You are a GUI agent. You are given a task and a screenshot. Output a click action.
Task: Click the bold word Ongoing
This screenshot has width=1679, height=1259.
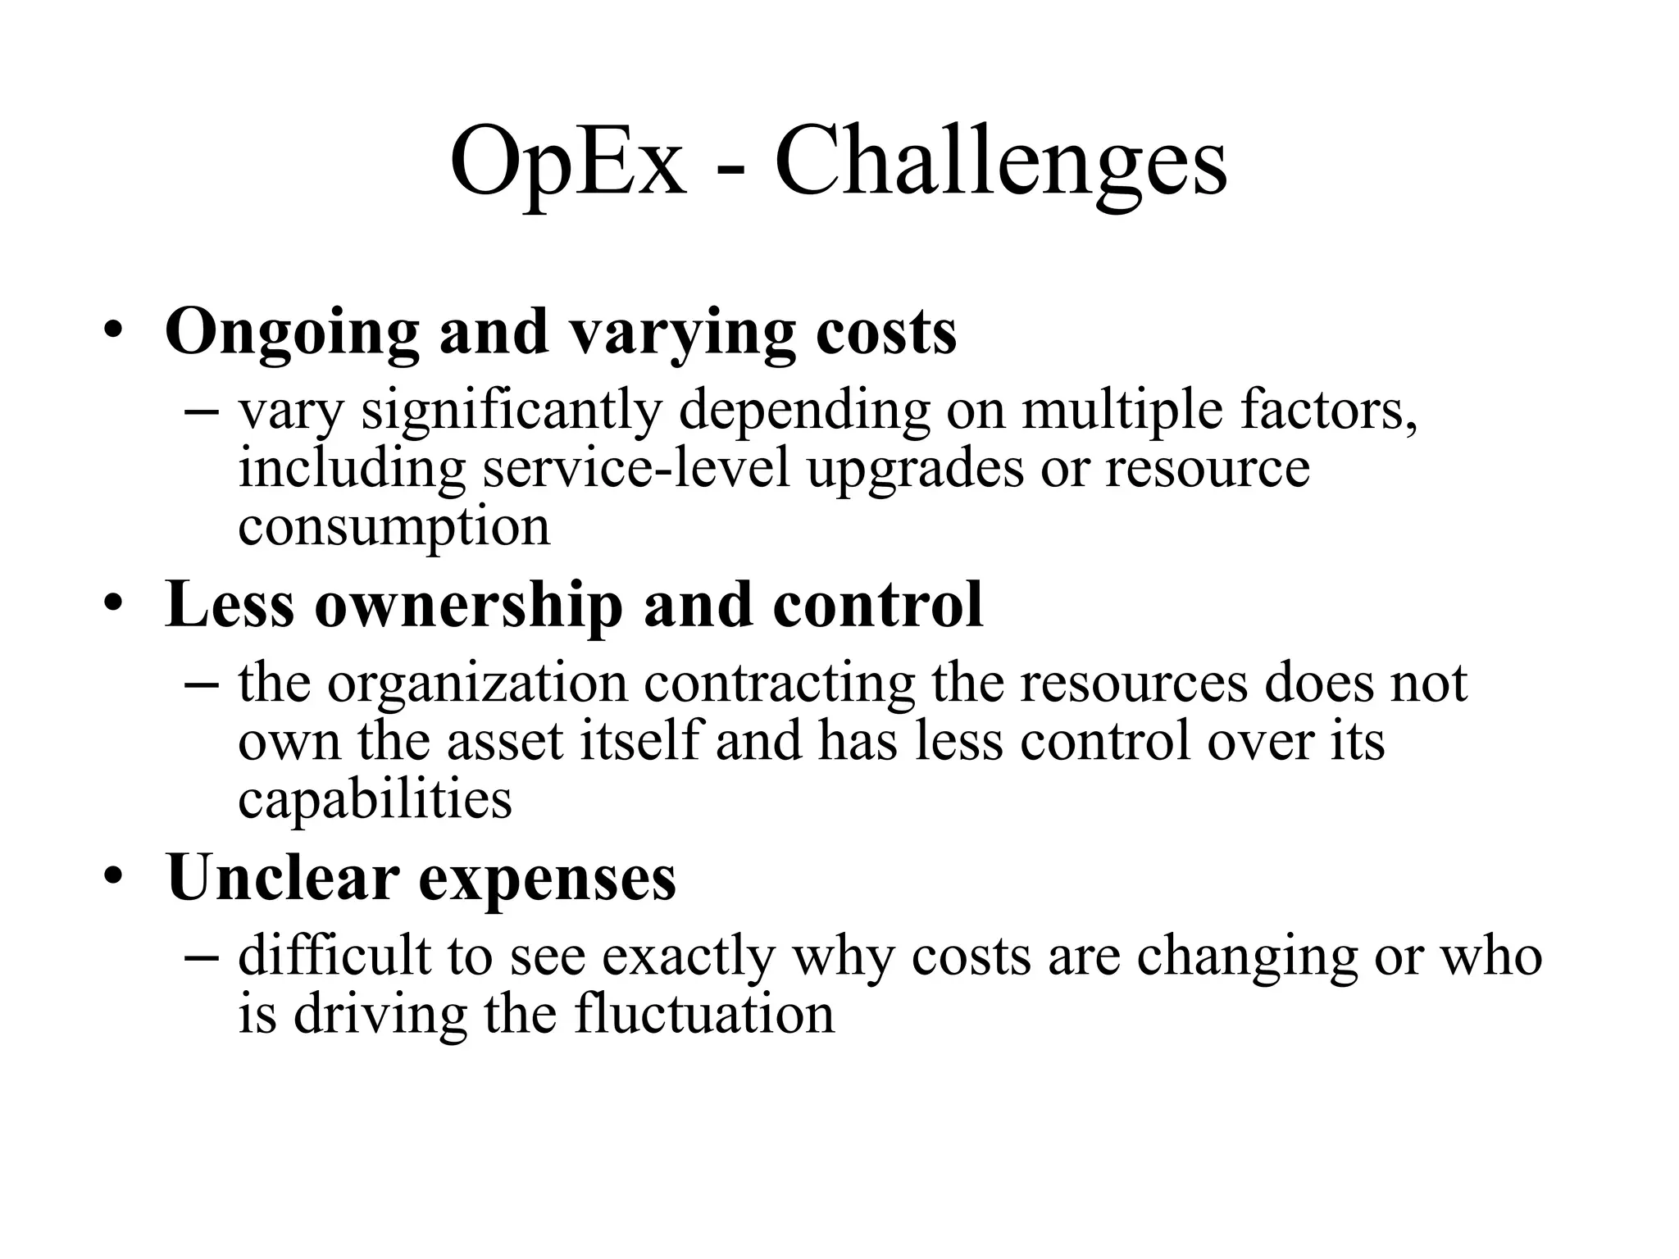(293, 333)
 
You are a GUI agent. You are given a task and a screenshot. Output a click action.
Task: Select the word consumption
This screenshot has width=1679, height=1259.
(394, 527)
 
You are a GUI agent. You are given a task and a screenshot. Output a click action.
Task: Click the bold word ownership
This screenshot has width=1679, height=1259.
(468, 605)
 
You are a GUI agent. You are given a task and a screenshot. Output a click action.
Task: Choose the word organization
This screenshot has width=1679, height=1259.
(477, 684)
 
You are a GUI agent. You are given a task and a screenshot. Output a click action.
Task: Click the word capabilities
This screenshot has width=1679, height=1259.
(375, 799)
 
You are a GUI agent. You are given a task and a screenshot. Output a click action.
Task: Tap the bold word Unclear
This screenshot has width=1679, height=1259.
(282, 878)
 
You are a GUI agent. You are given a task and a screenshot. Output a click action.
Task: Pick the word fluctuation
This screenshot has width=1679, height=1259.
(703, 1015)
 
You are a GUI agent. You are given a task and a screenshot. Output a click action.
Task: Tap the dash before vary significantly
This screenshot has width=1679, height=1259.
(202, 411)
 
